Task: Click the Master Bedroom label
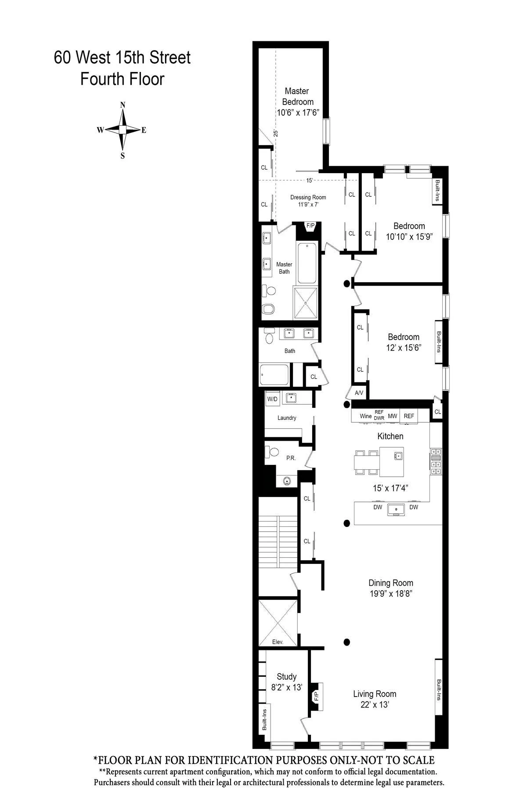pos(297,96)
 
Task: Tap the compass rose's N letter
pos(123,105)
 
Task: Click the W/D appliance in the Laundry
pos(272,399)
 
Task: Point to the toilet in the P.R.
pos(274,452)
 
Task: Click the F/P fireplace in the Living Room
pos(316,697)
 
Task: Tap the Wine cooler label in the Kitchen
pos(365,416)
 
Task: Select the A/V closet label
pos(359,393)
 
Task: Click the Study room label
pos(286,676)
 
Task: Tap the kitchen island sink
pos(398,456)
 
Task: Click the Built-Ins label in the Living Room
pos(439,689)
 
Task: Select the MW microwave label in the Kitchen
pos(392,416)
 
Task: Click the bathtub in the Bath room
pos(274,375)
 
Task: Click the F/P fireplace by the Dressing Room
pos(310,226)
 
